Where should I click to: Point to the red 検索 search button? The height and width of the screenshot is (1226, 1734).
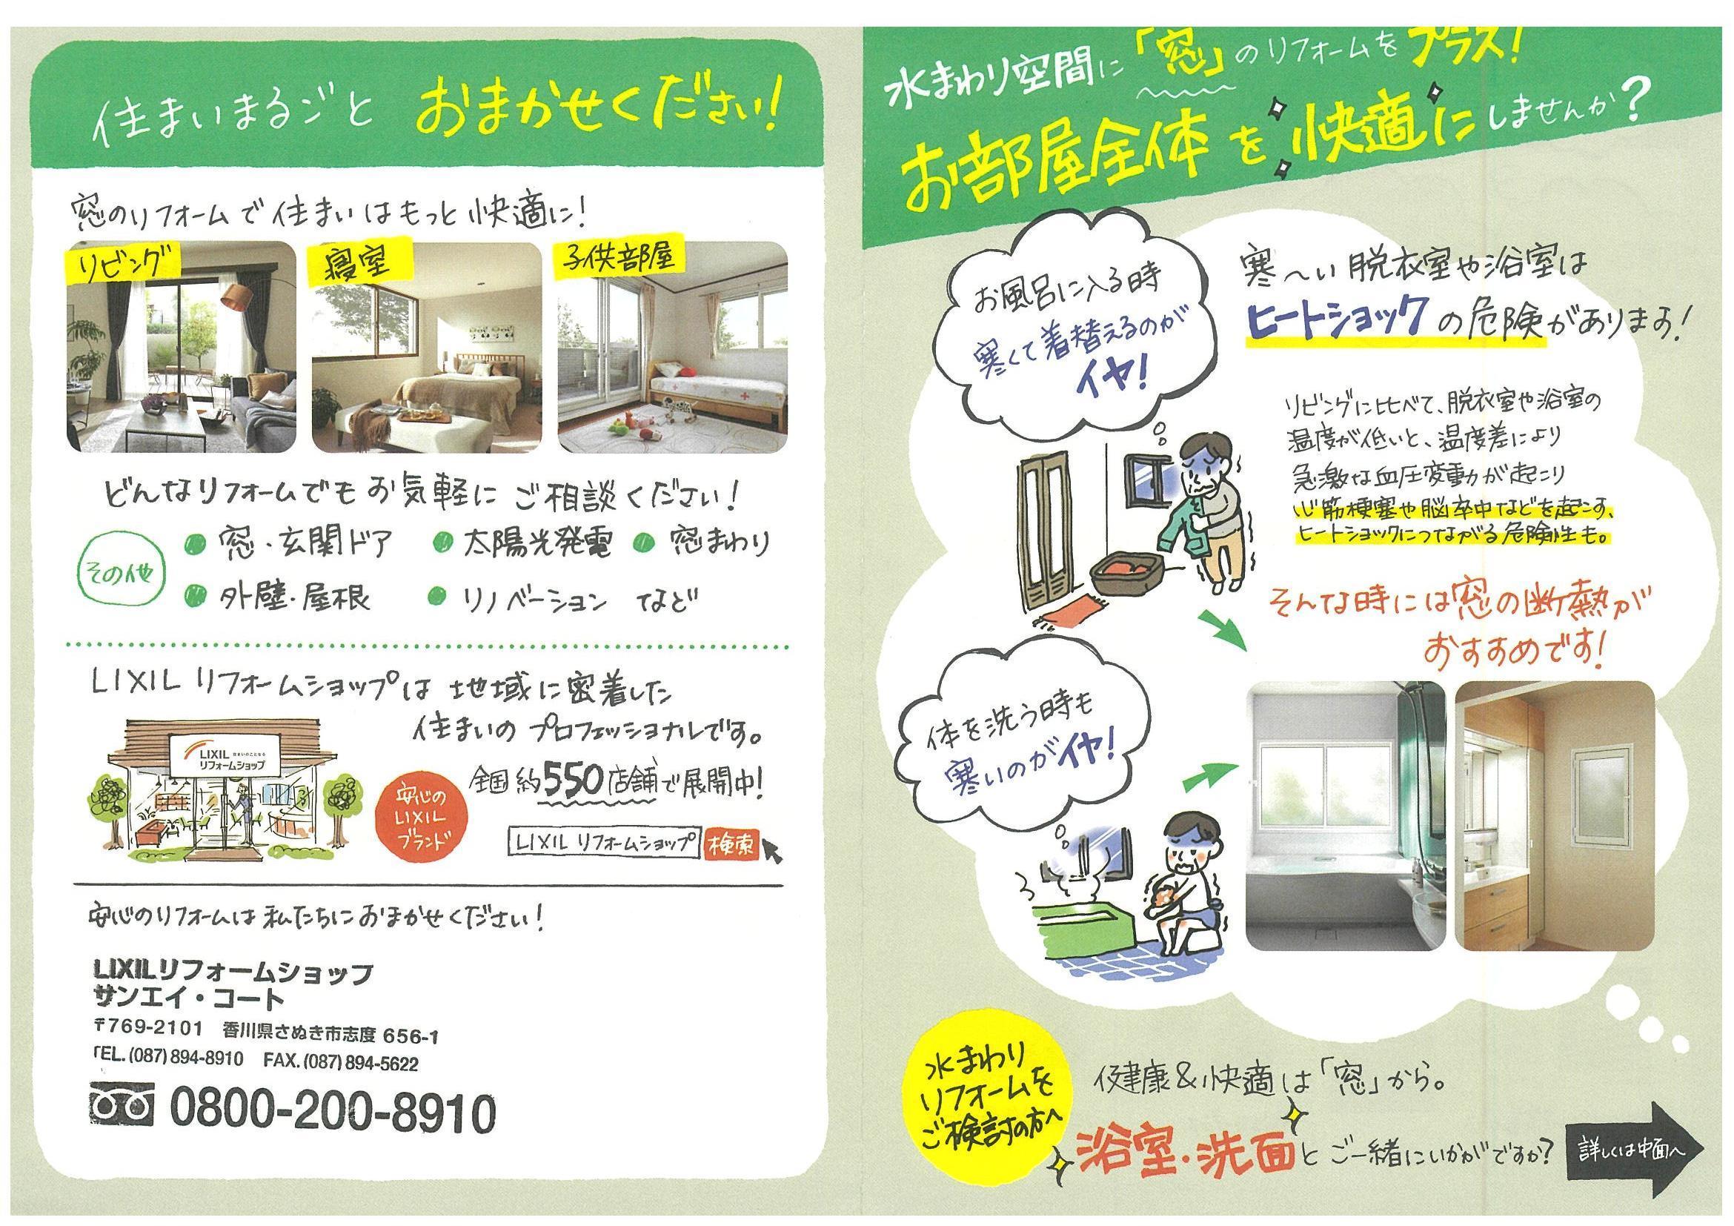731,845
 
